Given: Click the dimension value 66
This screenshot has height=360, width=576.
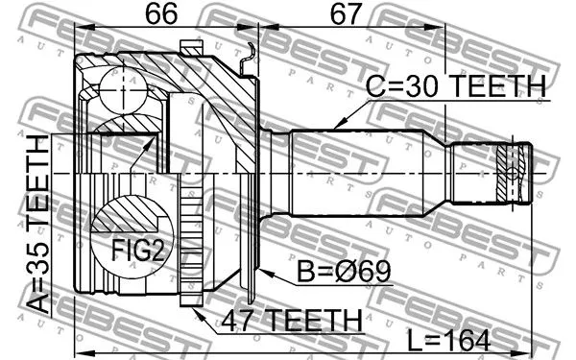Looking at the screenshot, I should (x=163, y=17).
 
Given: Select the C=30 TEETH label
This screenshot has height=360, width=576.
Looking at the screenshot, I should (x=455, y=87).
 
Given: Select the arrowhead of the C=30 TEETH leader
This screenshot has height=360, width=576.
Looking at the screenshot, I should (x=338, y=124).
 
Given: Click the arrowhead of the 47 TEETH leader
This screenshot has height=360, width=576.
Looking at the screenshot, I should (x=196, y=309).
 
